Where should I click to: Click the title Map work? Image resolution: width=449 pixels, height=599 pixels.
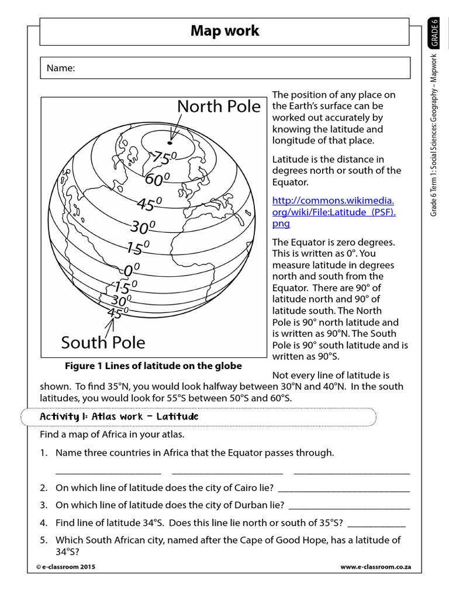pyautogui.click(x=224, y=31)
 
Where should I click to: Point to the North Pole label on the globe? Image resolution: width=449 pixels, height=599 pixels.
pyautogui.click(x=219, y=106)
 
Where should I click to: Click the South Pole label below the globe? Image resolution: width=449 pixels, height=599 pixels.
pyautogui.click(x=103, y=342)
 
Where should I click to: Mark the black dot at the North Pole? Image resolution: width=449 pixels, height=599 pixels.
pyautogui.click(x=170, y=142)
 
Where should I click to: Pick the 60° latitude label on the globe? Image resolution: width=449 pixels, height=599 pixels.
pyautogui.click(x=157, y=179)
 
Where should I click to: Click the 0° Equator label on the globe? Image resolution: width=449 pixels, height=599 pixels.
pyautogui.click(x=132, y=270)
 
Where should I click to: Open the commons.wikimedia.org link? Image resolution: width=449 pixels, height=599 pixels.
pyautogui.click(x=333, y=212)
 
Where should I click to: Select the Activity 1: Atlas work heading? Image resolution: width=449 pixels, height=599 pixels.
pyautogui.click(x=119, y=416)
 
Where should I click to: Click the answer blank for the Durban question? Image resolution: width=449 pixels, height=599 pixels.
pyautogui.click(x=349, y=505)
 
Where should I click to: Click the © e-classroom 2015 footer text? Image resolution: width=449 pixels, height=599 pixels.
pyautogui.click(x=65, y=567)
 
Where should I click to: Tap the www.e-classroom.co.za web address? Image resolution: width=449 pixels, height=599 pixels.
pyautogui.click(x=375, y=567)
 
